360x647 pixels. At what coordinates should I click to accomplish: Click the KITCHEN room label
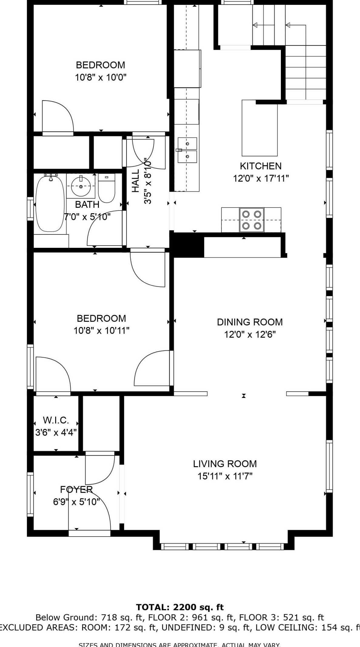tap(261, 166)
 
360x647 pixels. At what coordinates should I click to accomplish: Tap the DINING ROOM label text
tap(250, 322)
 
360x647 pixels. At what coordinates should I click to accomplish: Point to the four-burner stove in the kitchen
tap(252, 220)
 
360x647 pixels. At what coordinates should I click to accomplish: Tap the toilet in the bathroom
tap(106, 189)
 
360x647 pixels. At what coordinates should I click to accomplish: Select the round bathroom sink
tap(81, 185)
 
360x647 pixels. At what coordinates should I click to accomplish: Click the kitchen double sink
tap(187, 150)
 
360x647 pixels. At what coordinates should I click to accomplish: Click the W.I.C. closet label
tap(56, 420)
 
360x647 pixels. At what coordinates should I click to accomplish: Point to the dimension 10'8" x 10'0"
tap(101, 77)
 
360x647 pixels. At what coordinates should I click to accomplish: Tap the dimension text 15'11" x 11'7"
tap(225, 476)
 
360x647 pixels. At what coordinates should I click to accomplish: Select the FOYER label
tap(76, 489)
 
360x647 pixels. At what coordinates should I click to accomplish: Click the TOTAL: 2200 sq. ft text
tap(180, 607)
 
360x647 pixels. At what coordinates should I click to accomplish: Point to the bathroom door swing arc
tap(102, 226)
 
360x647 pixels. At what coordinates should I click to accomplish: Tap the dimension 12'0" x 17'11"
tap(261, 178)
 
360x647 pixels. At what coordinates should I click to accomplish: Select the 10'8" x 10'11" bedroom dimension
tap(101, 330)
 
